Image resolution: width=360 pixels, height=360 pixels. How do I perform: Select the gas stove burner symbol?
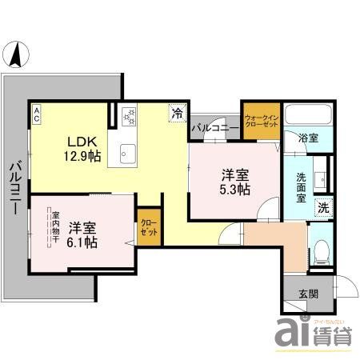127,117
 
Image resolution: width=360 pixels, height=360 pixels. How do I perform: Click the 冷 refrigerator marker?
176,114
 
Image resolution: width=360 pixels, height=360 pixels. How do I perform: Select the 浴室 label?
307,138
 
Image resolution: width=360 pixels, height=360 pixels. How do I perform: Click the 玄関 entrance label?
307,294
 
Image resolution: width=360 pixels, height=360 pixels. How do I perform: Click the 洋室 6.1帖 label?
82,234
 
